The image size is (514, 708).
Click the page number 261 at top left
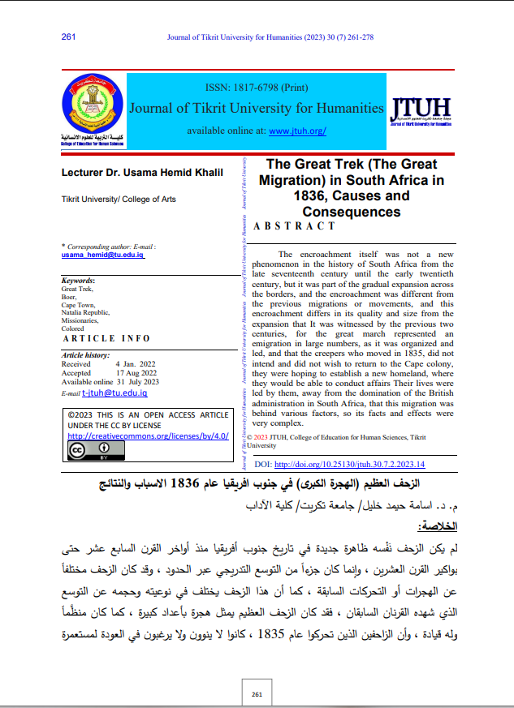(68, 36)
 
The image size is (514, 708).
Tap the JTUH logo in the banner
(421, 110)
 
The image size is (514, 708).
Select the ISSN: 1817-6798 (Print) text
(257, 86)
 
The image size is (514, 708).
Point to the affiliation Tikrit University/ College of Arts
(119, 199)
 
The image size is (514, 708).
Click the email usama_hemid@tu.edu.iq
(102, 255)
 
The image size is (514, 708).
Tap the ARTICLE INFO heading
(106, 338)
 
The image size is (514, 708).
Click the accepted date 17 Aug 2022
(135, 373)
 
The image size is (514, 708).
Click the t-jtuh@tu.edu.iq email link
(114, 393)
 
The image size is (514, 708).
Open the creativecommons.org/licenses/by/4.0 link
(148, 436)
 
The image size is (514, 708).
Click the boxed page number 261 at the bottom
(257, 694)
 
